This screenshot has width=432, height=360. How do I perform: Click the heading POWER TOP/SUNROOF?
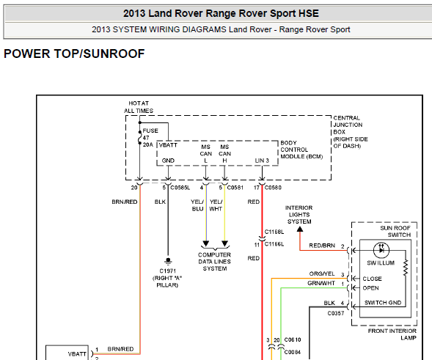(x=74, y=54)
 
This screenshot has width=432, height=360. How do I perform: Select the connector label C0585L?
(x=180, y=188)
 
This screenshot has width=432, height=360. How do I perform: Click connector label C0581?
(x=235, y=188)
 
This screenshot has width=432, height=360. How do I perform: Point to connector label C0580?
(x=273, y=188)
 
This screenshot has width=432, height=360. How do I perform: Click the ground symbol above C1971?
(x=168, y=260)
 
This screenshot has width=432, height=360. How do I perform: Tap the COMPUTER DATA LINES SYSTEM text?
(x=214, y=262)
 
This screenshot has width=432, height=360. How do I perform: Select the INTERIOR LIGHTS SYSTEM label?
(x=299, y=215)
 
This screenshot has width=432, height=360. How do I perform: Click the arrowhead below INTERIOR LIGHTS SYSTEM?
(x=300, y=229)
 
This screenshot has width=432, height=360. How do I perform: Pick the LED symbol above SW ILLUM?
(x=381, y=250)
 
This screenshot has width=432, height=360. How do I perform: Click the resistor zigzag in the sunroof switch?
(x=406, y=268)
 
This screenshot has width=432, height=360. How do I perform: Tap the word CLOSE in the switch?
(x=372, y=279)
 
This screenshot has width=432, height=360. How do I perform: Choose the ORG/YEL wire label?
(x=322, y=273)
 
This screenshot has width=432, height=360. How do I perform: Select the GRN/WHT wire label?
(x=321, y=283)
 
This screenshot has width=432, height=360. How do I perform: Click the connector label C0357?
(x=336, y=313)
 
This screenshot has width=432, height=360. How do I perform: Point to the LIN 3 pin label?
(x=262, y=161)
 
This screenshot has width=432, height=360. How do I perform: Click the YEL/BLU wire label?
(x=197, y=205)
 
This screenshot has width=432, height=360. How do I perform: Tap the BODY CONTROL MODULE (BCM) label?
(x=301, y=150)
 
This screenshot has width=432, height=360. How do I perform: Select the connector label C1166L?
(x=274, y=244)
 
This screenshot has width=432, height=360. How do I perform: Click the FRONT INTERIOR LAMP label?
(x=392, y=334)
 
